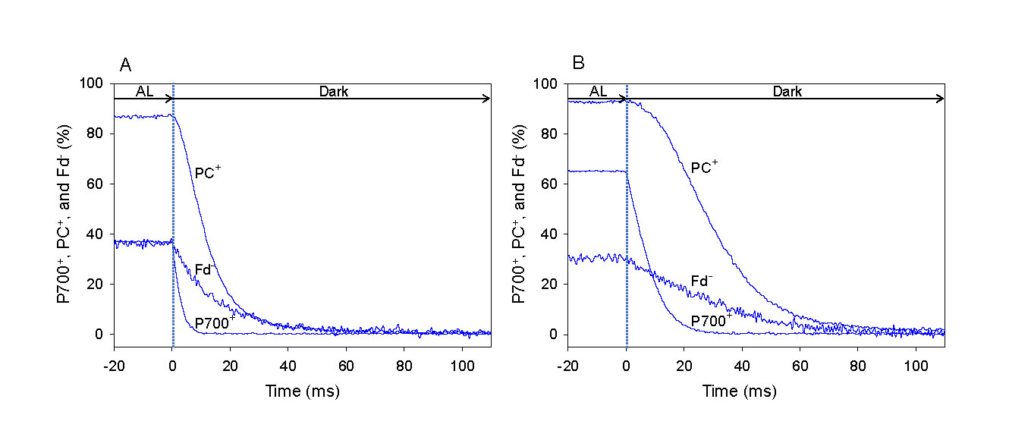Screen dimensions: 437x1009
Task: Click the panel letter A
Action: pos(126,64)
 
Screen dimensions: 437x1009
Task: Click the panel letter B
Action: pos(578,63)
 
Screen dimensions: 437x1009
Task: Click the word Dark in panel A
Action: pos(333,92)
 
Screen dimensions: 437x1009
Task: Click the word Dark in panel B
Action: pos(787,92)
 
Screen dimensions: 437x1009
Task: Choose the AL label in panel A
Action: pos(144,92)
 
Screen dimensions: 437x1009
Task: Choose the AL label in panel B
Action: pos(598,92)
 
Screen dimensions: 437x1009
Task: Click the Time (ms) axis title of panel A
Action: pos(302,391)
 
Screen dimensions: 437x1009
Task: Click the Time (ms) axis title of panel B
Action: pos(756,391)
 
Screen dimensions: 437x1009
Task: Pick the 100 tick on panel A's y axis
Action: pos(93,83)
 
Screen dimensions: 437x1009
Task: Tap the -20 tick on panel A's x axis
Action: pos(114,360)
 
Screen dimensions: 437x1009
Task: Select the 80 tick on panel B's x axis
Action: pos(857,360)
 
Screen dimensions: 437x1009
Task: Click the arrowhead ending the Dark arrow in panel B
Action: pos(941,99)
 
